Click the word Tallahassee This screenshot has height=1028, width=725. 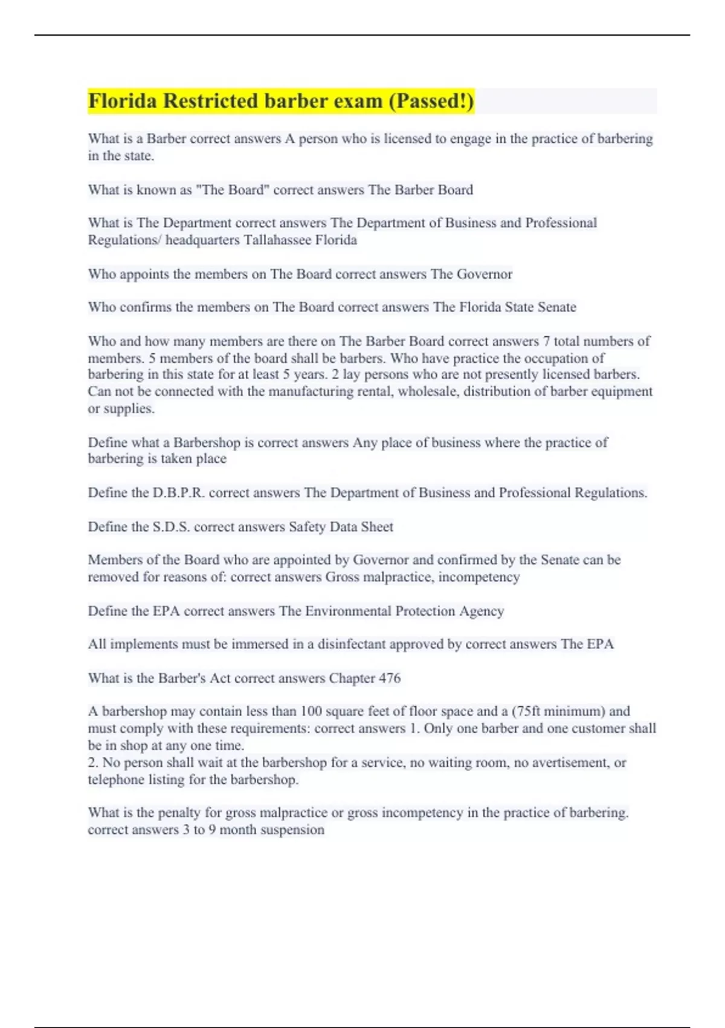[x=279, y=240]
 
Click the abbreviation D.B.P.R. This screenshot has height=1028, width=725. [x=179, y=493]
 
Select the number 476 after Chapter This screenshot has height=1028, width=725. [x=389, y=678]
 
